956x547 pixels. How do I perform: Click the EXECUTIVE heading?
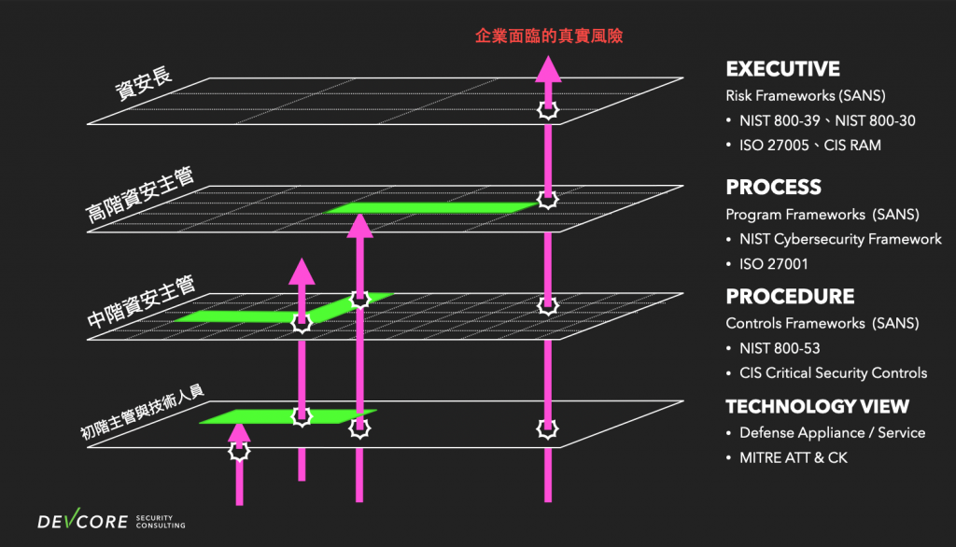coord(782,69)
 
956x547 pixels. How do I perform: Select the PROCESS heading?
coord(773,187)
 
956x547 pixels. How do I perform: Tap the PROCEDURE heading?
coord(790,297)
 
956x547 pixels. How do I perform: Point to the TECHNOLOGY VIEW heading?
coord(817,406)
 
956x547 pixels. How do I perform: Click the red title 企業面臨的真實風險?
coord(549,36)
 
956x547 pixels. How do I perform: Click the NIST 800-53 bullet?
coord(780,348)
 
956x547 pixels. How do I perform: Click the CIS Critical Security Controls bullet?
coord(833,373)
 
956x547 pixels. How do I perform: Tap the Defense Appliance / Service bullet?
coord(832,433)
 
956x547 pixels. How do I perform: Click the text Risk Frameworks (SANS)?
coord(805,96)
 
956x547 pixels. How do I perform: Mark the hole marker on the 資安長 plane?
coord(547,111)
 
